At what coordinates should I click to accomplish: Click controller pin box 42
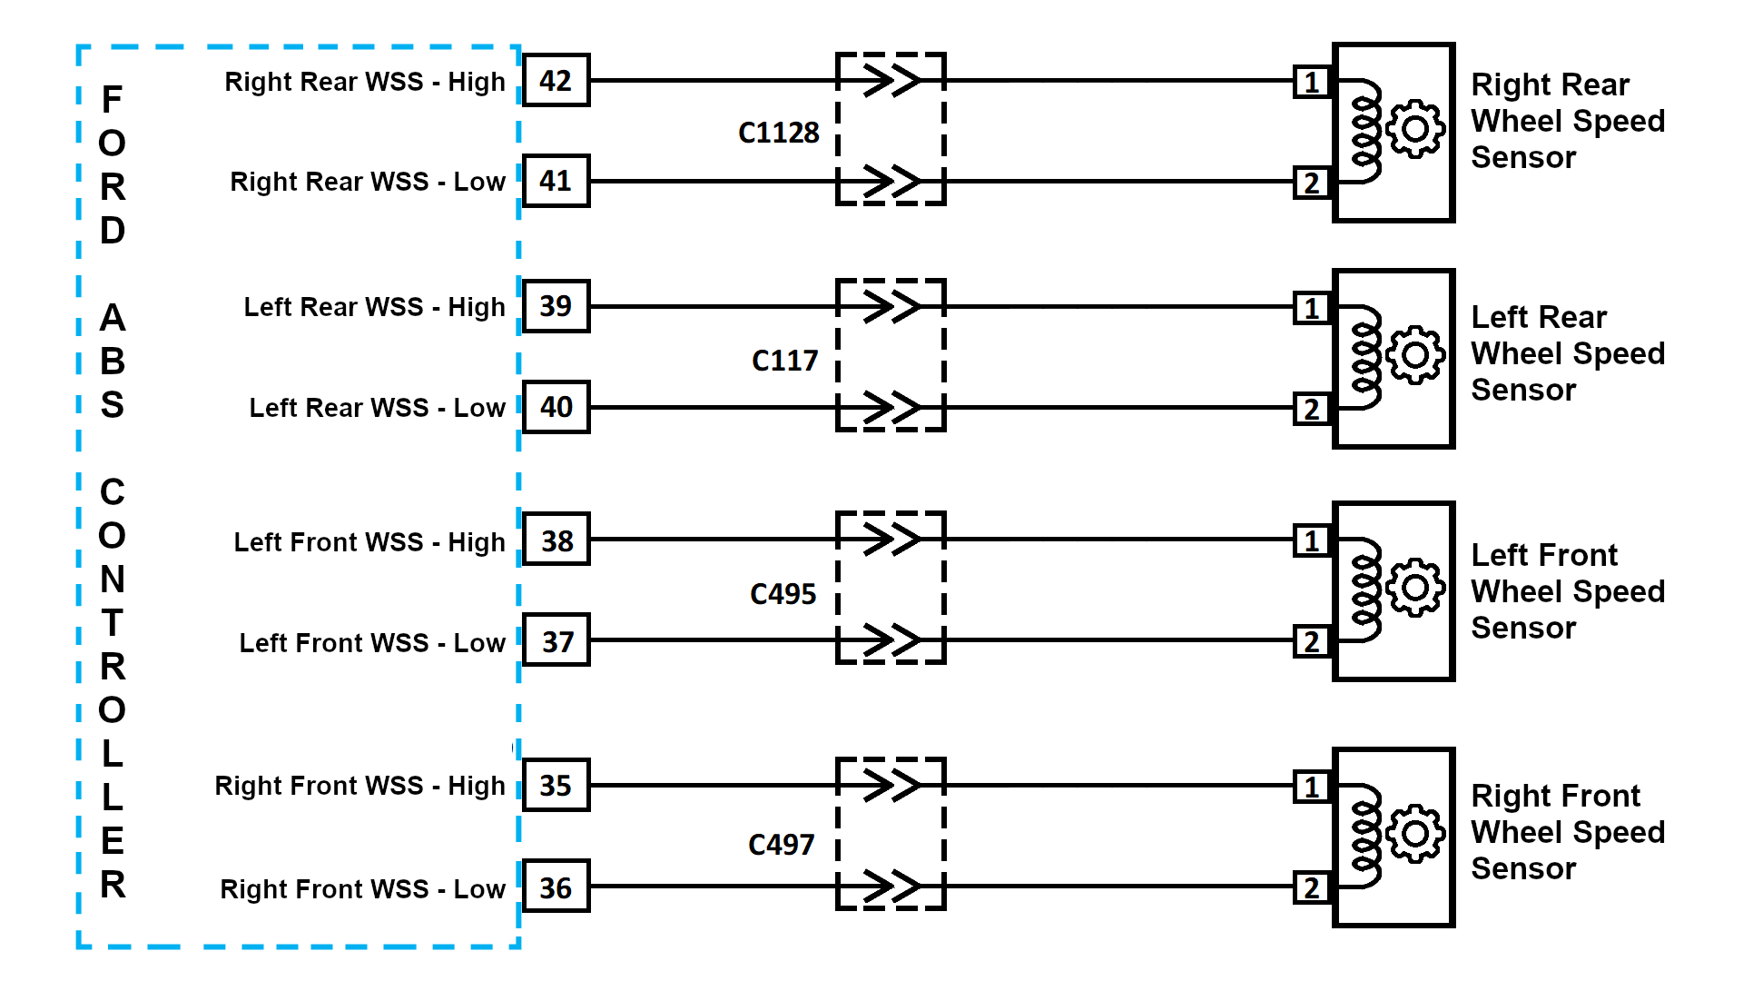(556, 81)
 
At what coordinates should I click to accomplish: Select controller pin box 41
(556, 181)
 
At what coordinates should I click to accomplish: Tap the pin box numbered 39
(556, 306)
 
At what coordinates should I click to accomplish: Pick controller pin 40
(556, 407)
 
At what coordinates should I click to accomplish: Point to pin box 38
(556, 540)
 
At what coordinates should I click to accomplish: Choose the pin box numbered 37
(556, 641)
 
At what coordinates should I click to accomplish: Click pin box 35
(556, 785)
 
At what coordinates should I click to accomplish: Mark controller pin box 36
(556, 887)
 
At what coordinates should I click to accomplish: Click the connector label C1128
(778, 133)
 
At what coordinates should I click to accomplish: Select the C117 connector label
(784, 361)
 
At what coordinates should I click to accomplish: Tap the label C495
(783, 594)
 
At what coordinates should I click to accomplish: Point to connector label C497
(781, 845)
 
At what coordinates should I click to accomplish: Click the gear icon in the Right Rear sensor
(1414, 129)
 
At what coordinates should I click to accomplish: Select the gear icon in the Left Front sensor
(1414, 588)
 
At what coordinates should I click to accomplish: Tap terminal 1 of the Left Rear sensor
(1312, 308)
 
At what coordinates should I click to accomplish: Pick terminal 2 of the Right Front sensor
(1312, 887)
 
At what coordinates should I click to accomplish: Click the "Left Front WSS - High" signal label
(369, 542)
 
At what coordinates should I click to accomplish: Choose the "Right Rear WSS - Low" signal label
(367, 182)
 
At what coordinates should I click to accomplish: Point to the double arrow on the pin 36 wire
(891, 887)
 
